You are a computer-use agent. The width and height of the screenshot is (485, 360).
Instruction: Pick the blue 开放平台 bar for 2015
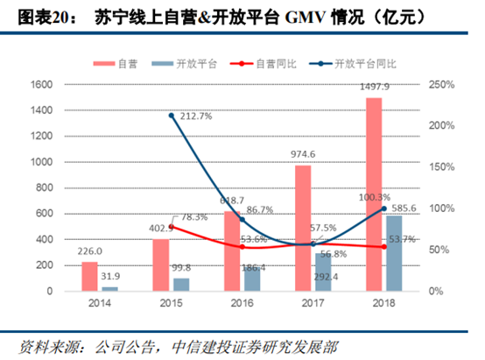click(x=179, y=285)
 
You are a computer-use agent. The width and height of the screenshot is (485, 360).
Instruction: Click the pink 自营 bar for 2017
click(x=303, y=228)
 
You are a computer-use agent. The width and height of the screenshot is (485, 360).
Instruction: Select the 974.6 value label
click(x=302, y=154)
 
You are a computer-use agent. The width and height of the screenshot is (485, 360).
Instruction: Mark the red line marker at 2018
click(x=383, y=247)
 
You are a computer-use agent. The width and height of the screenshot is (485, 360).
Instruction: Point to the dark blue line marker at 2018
click(x=383, y=208)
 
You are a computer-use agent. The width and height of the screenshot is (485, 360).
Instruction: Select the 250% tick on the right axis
click(x=439, y=85)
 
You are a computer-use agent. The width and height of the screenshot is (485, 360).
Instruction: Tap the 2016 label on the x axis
click(x=241, y=302)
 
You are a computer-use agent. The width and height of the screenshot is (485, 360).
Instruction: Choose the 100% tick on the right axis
click(x=439, y=208)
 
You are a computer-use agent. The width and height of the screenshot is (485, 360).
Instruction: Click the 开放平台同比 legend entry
click(x=360, y=63)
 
